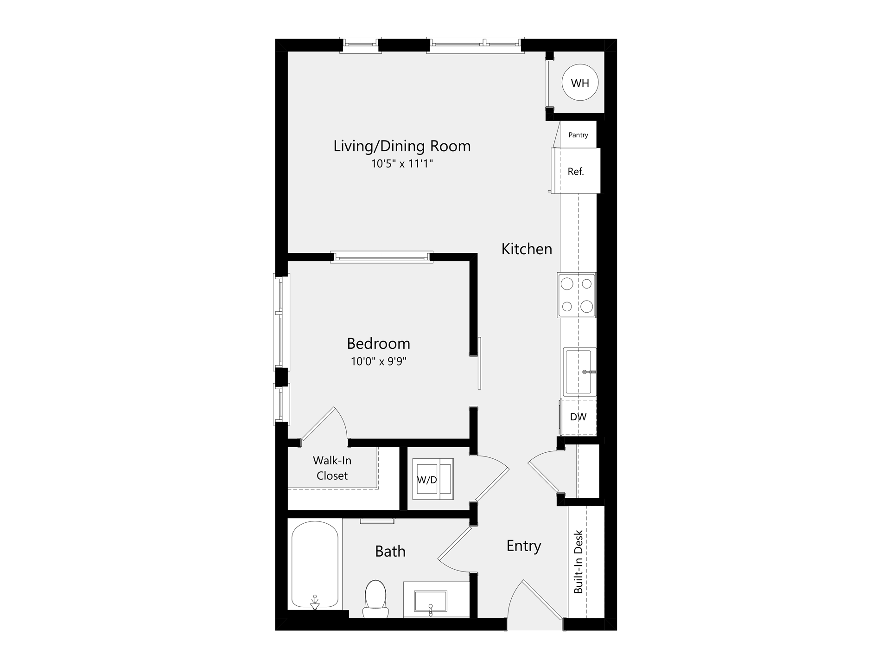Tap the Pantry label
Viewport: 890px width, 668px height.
point(578,135)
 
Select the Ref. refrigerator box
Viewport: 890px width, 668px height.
point(576,171)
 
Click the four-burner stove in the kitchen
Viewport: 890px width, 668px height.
point(577,295)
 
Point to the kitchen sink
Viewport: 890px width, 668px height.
point(579,371)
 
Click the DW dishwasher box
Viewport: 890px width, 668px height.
point(578,417)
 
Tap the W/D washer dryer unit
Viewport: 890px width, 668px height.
point(433,480)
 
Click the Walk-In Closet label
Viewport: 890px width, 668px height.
point(332,468)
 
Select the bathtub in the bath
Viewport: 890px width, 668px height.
point(315,565)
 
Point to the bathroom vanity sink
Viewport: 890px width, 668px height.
point(430,601)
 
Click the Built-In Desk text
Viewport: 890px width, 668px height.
point(578,561)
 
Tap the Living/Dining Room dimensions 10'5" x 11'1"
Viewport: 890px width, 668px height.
point(402,164)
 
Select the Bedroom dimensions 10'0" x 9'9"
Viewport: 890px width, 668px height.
point(378,361)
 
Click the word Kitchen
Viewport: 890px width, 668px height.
point(527,249)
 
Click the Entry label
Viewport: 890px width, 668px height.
point(523,546)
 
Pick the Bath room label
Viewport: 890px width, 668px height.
point(390,551)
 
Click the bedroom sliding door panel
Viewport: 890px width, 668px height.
point(479,363)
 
